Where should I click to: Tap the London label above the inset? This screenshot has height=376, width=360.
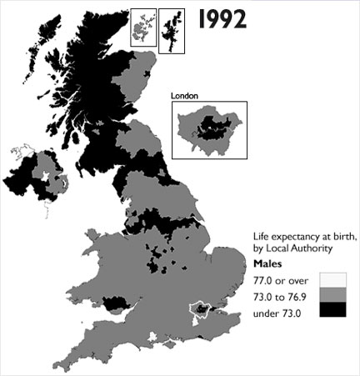pos(184,96)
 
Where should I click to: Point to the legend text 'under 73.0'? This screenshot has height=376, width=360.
pos(276,313)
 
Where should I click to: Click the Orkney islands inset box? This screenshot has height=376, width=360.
pos(143,27)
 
